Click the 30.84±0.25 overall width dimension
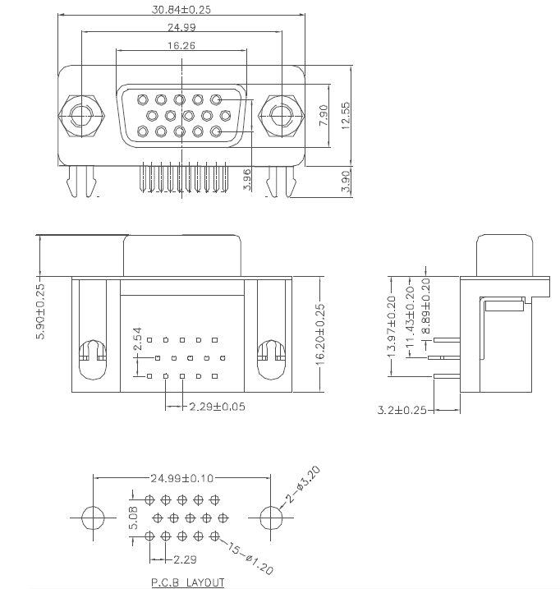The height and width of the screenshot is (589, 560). pos(181,9)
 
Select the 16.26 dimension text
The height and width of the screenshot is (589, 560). pos(181,45)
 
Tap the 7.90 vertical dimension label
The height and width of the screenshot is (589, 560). pos(324,115)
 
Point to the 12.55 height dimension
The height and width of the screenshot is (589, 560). pos(346,116)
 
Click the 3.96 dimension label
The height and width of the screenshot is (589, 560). pos(247,180)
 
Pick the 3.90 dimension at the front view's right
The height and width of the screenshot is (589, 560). pos(346,181)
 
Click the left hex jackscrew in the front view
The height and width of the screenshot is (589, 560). pos(81,116)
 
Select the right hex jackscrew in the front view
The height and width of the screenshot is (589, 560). pos(282,116)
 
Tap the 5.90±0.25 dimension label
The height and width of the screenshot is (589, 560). pos(40,311)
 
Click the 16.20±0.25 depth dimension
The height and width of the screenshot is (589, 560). pos(320,334)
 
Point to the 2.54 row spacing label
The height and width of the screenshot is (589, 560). pos(137,338)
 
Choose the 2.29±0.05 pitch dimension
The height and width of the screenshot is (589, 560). pos(217,407)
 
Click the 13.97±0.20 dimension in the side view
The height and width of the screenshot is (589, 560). pos(392,327)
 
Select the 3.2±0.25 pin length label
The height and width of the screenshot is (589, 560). pos(402,410)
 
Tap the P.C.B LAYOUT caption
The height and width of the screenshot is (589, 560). pos(188,582)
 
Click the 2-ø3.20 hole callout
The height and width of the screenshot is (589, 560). pos(303,485)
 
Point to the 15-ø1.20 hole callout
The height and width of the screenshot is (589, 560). pos(250,558)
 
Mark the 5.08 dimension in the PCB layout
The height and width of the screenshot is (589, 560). pos(133,518)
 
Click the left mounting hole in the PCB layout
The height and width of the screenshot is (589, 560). pos(93,518)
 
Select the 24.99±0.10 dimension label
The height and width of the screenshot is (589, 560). pos(181,478)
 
